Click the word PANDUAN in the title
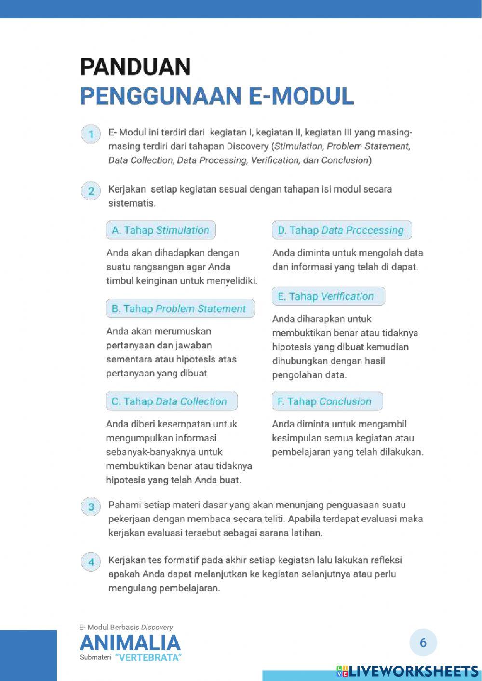pyautogui.click(x=135, y=67)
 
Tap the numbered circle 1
pyautogui.click(x=91, y=134)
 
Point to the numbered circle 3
pyautogui.click(x=91, y=507)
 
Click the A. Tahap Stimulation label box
pyautogui.click(x=161, y=230)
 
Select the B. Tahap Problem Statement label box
pyautogui.click(x=180, y=309)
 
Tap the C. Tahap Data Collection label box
pyautogui.click(x=171, y=401)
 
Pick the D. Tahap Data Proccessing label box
pyautogui.click(x=341, y=230)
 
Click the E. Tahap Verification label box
pyautogui.click(x=328, y=296)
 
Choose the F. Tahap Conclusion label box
pyautogui.click(x=327, y=401)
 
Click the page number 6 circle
pyautogui.click(x=423, y=642)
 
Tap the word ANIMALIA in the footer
pyautogui.click(x=130, y=643)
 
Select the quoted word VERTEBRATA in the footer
pyautogui.click(x=148, y=658)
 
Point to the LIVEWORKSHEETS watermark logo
pyautogui.click(x=408, y=671)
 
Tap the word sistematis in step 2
pyautogui.click(x=132, y=203)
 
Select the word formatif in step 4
pyautogui.click(x=181, y=561)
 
